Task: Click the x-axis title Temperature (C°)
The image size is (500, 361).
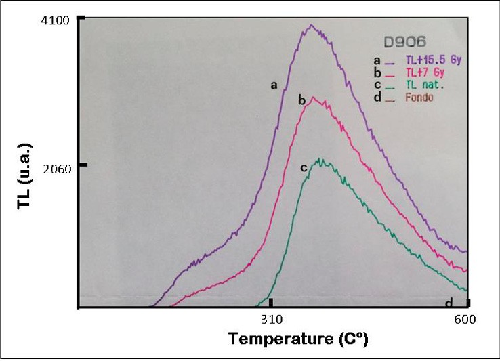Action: click(297, 339)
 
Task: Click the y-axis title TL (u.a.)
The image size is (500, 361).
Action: click(25, 176)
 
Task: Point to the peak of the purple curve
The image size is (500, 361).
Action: click(311, 26)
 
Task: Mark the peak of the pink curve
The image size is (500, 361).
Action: click(312, 98)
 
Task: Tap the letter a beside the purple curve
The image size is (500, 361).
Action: click(274, 85)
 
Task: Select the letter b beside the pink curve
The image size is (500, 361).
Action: click(302, 101)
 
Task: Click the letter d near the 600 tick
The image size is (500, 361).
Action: click(449, 303)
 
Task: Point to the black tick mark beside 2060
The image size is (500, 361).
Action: click(83, 165)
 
